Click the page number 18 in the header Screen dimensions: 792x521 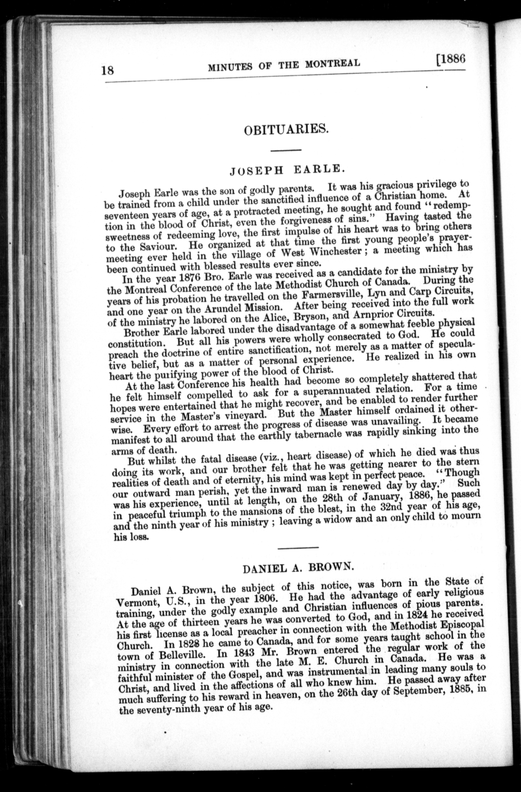click(x=108, y=71)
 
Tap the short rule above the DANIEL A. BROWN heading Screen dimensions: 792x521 click(x=298, y=547)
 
